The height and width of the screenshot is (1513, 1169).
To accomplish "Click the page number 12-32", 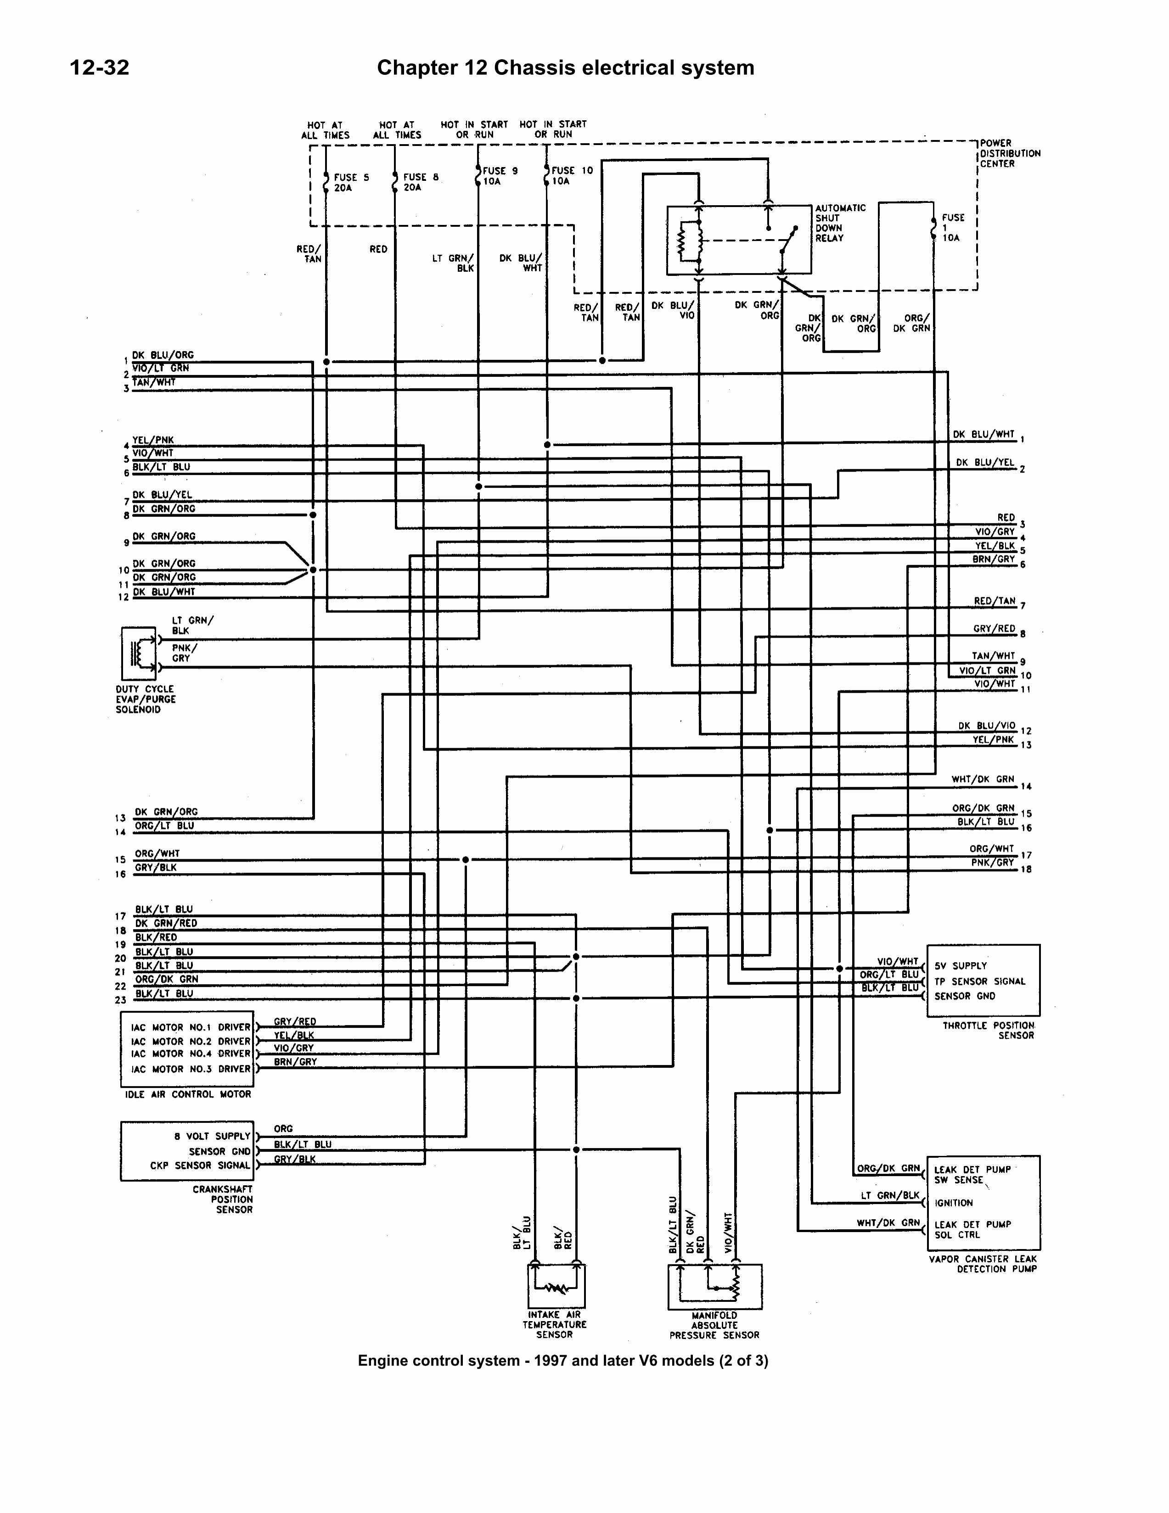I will (100, 67).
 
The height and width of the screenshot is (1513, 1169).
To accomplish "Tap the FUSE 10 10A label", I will (572, 175).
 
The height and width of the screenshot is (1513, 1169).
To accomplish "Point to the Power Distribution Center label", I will (1010, 153).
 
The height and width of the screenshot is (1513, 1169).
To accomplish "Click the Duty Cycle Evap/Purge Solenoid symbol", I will (139, 653).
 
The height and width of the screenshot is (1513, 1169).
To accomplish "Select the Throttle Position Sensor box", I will (983, 980).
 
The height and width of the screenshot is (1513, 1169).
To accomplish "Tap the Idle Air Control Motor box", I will (186, 1049).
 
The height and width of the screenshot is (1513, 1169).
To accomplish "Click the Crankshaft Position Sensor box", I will (186, 1151).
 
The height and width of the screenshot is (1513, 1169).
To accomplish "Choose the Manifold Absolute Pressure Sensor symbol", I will (714, 1287).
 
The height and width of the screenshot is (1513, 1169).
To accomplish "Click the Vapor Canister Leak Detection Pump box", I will (983, 1202).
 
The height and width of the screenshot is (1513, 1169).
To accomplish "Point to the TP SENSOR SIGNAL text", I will (979, 981).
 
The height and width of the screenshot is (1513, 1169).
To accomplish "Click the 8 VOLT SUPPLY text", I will (212, 1136).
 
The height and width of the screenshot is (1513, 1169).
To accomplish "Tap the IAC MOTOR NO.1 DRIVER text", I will (191, 1027).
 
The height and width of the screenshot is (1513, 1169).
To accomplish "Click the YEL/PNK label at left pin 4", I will (153, 440).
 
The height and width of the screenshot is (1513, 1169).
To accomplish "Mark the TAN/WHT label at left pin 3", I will (154, 382).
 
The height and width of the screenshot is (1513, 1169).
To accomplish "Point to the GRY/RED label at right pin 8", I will (994, 628).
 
